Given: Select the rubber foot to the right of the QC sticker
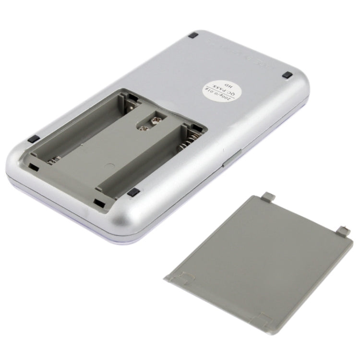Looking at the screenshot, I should pos(287,75).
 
